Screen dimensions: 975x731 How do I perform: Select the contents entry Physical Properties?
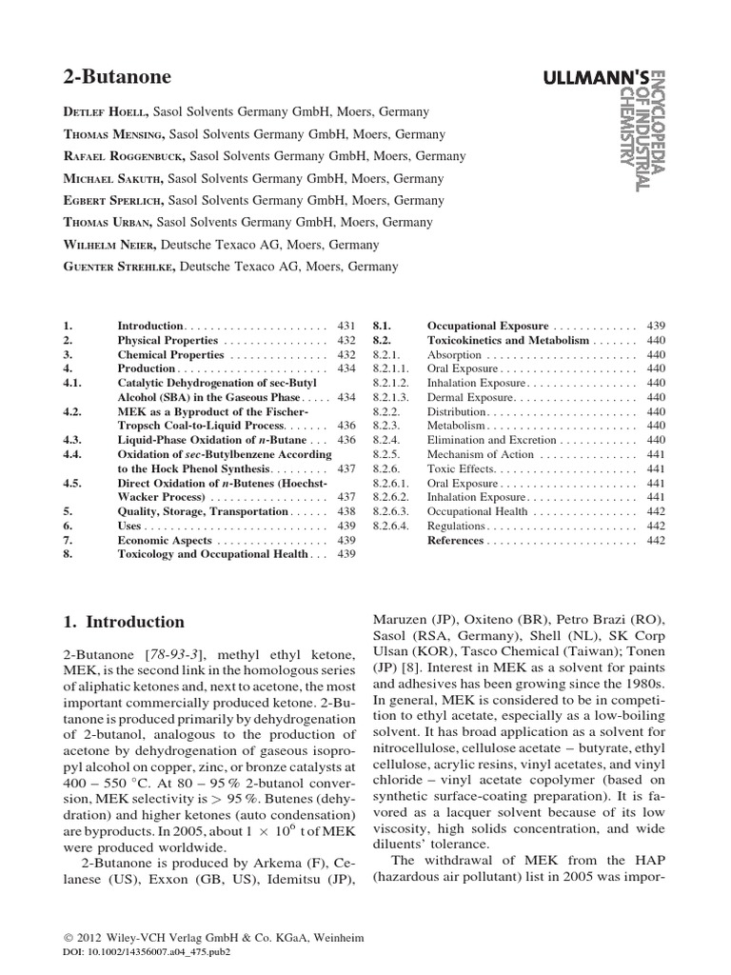click(x=168, y=339)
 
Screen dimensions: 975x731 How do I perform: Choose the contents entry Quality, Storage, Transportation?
click(x=202, y=510)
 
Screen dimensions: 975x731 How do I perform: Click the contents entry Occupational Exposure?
click(x=488, y=325)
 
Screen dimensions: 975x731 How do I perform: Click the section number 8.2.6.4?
click(x=390, y=525)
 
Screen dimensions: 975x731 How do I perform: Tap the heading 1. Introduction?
click(x=124, y=622)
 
